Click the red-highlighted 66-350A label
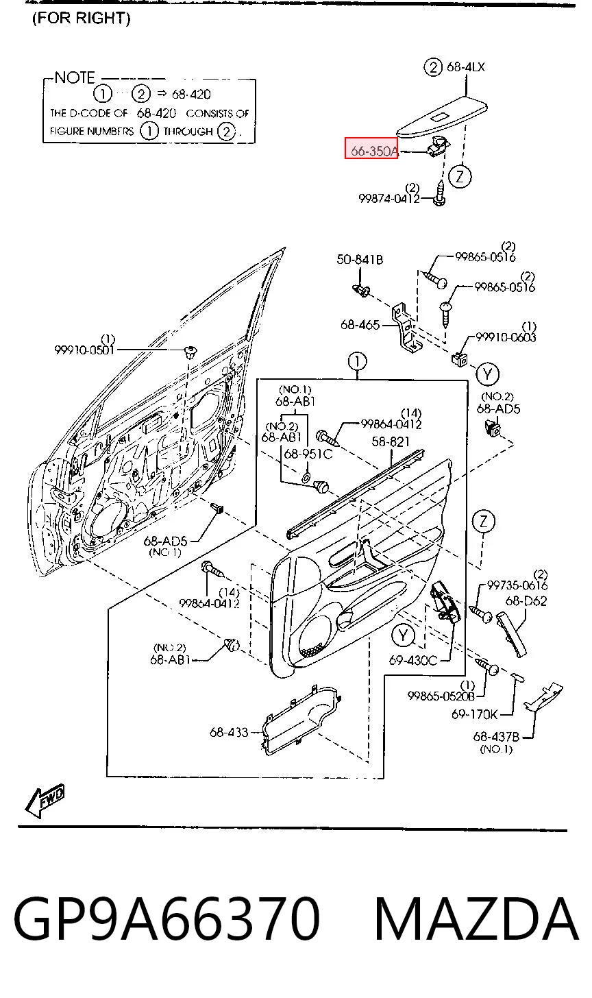[371, 148]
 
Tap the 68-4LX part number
[465, 67]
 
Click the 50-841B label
[360, 259]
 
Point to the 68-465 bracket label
[360, 325]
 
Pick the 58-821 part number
[391, 441]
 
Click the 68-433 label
[229, 732]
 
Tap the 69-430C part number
[413, 660]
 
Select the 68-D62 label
[526, 601]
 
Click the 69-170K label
[474, 714]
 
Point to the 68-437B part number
[496, 737]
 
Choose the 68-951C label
[308, 454]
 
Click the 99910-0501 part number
[84, 350]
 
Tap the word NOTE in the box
[75, 78]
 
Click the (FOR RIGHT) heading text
[82, 19]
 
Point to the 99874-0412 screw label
[389, 198]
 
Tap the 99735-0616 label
[517, 585]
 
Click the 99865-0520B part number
[441, 696]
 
